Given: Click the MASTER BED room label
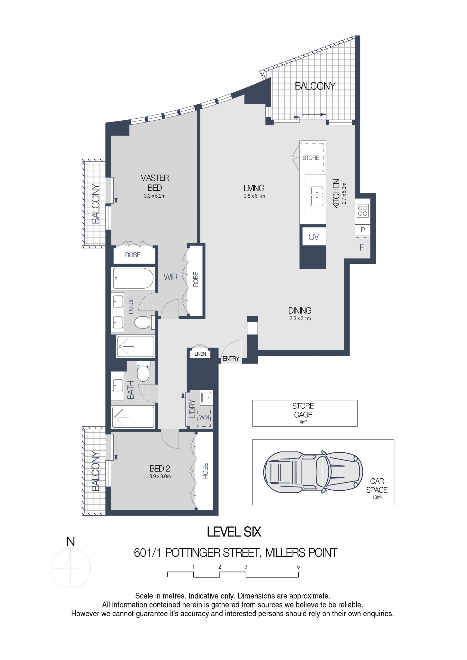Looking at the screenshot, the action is pos(154,183).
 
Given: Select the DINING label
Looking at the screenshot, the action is pos(300,310).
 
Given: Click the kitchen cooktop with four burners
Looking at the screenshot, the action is pos(363,211).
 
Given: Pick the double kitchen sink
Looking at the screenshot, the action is pos(317,196).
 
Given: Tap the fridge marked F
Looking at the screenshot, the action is pos(361,247).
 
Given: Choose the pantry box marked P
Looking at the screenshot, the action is pos(363,230).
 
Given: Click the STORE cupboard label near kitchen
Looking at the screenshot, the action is pos(311,158).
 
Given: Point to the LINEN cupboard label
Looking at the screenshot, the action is pos(200,354).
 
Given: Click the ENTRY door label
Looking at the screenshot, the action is pos(231,359).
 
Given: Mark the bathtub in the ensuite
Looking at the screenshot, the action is pos(133,278).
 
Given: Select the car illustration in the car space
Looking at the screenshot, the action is pos(313,472).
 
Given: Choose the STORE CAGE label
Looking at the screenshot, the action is pos(303,410).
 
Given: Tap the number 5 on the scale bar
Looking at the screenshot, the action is pos(298,567).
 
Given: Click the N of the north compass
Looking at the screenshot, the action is pos(71,542).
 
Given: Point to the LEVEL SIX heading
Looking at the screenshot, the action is pos(234,532).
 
